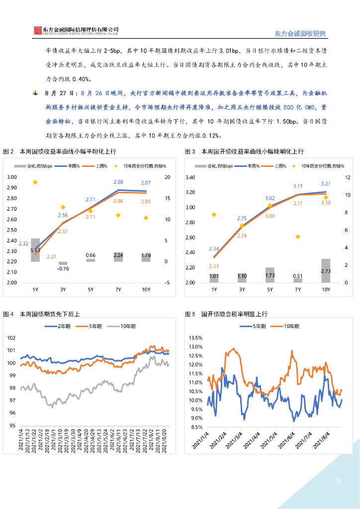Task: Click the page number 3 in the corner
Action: click(339, 481)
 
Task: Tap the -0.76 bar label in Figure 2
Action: click(63, 269)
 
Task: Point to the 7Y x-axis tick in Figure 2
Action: click(118, 289)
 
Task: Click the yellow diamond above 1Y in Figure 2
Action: click(35, 182)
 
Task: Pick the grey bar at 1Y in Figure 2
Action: click(35, 250)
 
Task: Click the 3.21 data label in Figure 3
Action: click(326, 184)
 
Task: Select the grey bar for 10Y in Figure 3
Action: click(326, 270)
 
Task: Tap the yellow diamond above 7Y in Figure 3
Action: click(298, 237)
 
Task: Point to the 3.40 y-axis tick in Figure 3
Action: click(190, 177)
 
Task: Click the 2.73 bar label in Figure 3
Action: click(326, 271)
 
